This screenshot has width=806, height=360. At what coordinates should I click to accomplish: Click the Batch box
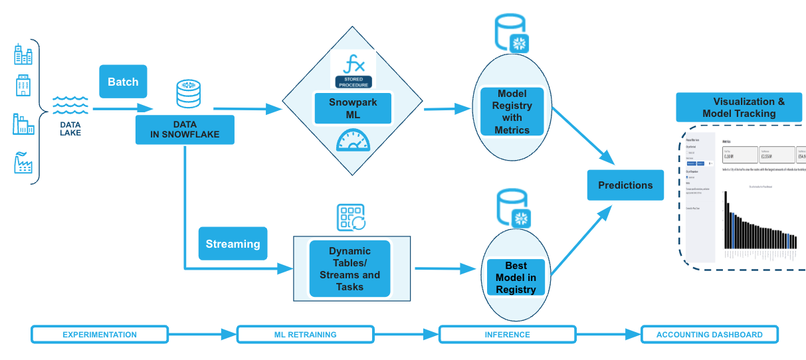click(x=123, y=82)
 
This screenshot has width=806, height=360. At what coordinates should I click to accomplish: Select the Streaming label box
click(x=233, y=244)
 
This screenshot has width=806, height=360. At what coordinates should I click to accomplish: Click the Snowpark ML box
click(x=352, y=108)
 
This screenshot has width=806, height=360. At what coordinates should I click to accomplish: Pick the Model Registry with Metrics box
click(x=512, y=112)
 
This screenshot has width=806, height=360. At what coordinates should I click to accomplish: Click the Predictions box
click(x=625, y=185)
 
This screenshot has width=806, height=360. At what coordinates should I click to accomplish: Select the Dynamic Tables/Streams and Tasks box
click(x=350, y=268)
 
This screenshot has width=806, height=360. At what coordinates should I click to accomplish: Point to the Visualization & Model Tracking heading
click(x=740, y=108)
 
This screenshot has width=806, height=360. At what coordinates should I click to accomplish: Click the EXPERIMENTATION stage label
click(x=100, y=334)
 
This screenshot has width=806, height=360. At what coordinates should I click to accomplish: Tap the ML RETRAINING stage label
click(x=306, y=334)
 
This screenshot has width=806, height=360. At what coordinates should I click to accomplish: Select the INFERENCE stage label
click(x=507, y=334)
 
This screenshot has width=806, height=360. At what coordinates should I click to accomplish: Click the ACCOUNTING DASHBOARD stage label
click(x=709, y=334)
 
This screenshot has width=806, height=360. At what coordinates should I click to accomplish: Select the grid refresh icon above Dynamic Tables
click(x=352, y=217)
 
